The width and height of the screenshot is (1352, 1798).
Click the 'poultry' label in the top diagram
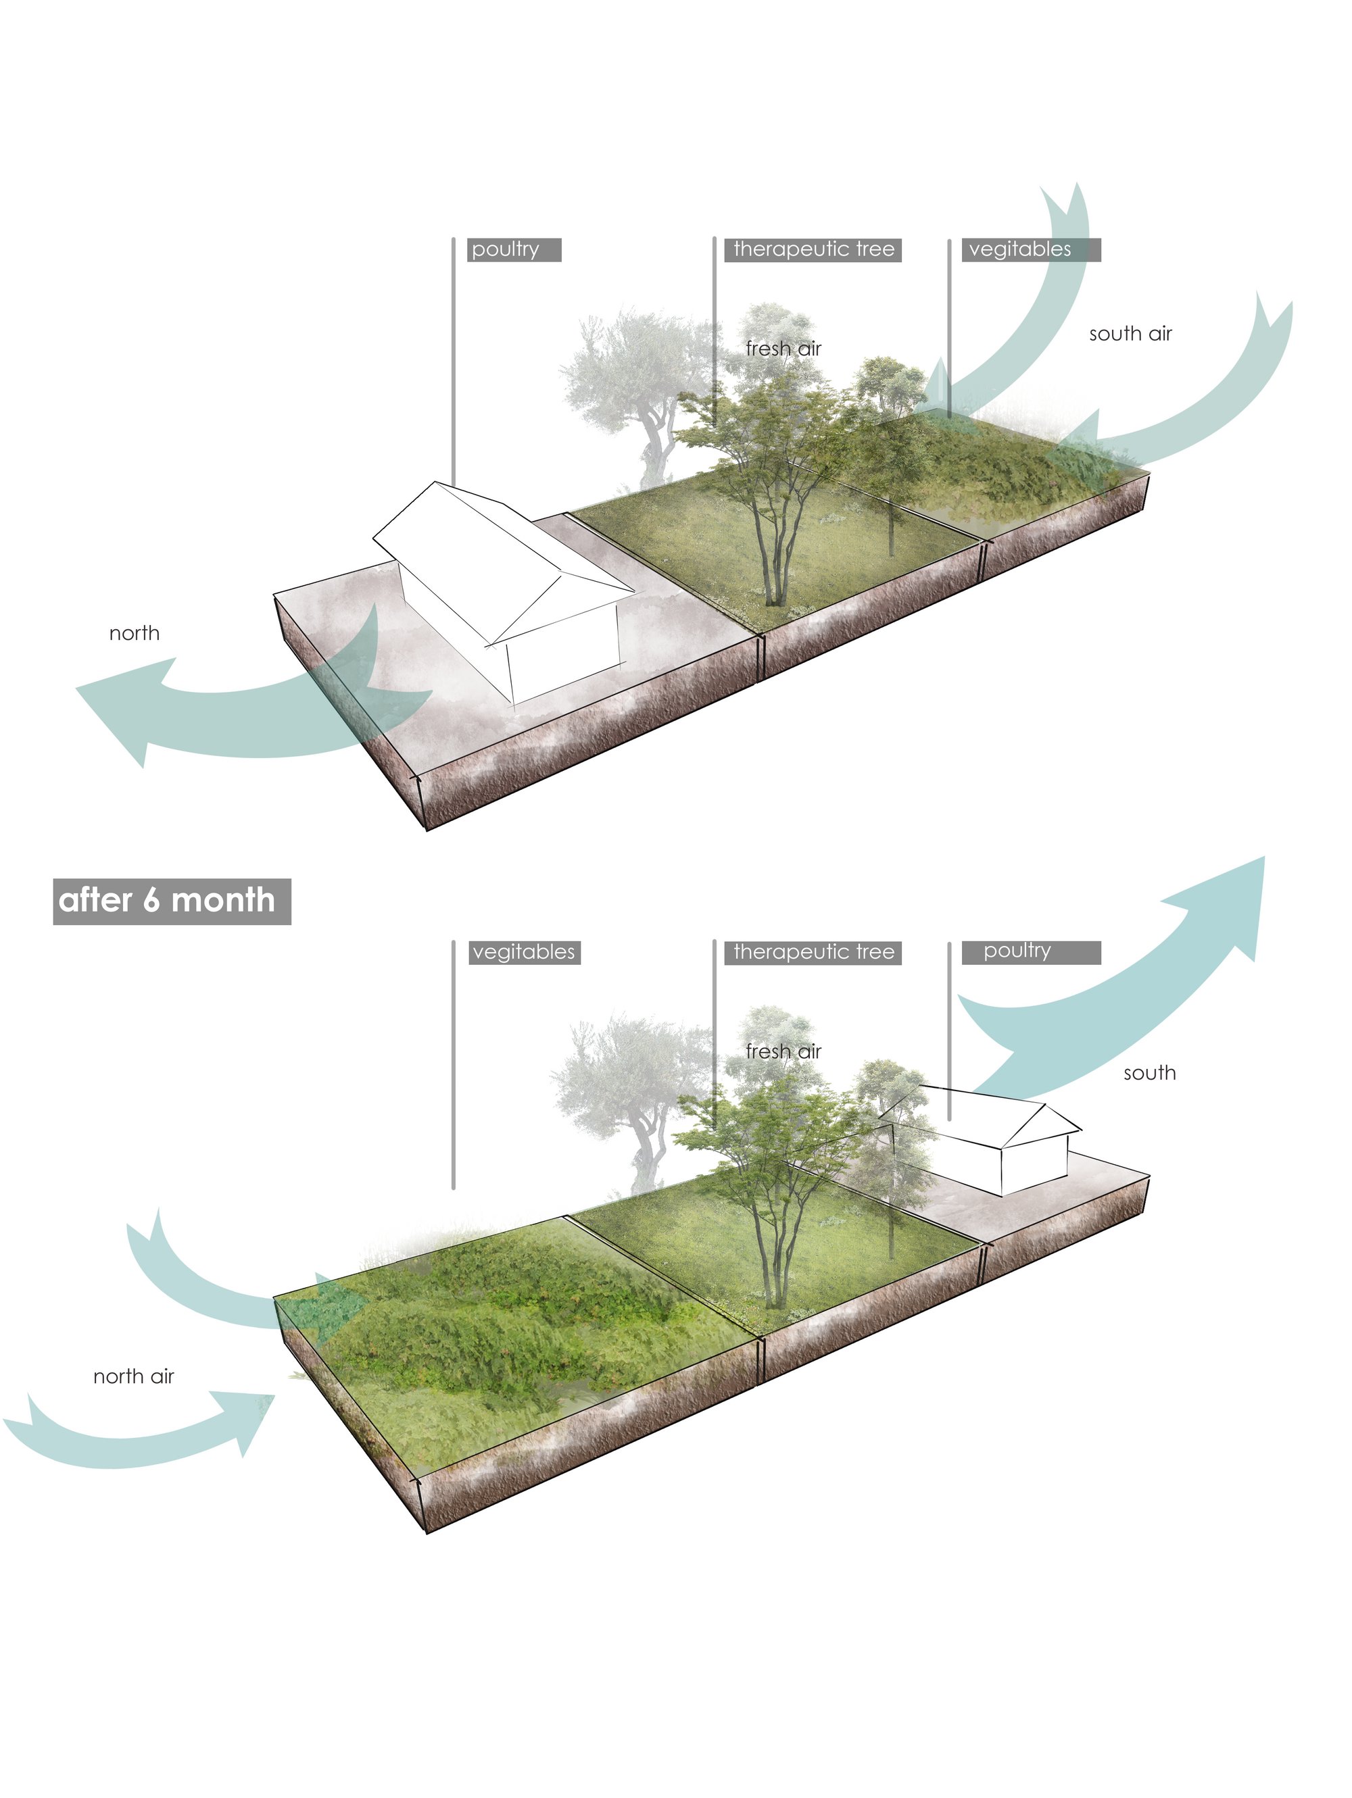click(x=514, y=249)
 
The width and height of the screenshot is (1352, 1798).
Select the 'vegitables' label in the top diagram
click(x=1031, y=249)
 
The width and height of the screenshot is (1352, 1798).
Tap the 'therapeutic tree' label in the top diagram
click(x=813, y=249)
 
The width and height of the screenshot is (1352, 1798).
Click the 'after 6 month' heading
click(x=172, y=901)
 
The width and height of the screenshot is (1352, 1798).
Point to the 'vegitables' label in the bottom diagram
click(x=525, y=952)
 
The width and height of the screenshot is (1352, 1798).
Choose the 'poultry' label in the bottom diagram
click(x=1031, y=952)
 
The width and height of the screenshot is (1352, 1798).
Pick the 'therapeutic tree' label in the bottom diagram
click(x=813, y=952)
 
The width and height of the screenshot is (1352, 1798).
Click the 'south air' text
click(x=1130, y=333)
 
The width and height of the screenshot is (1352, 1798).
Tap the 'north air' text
click(x=133, y=1376)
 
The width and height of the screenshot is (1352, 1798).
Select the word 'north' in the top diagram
click(x=134, y=633)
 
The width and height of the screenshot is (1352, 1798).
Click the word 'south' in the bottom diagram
click(x=1150, y=1073)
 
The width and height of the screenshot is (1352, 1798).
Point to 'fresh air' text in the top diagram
click(x=783, y=349)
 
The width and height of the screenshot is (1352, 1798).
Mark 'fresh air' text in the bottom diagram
click(x=783, y=1051)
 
